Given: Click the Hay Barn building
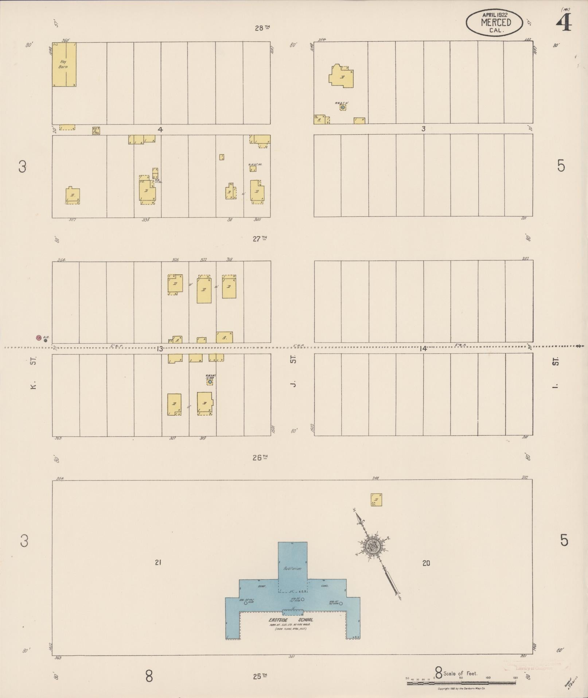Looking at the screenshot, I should click(x=64, y=65).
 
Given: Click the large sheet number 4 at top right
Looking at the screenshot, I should click(x=564, y=23).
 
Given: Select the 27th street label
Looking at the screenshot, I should click(x=260, y=239).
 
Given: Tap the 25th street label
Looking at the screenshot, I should click(x=260, y=676).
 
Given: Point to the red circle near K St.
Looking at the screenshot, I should click(x=38, y=338).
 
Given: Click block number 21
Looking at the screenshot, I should click(x=158, y=563).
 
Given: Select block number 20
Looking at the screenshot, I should click(x=426, y=563).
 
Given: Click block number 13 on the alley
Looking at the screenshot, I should click(x=159, y=349).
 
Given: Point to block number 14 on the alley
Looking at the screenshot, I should click(x=422, y=349).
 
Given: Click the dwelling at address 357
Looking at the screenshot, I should click(x=73, y=196).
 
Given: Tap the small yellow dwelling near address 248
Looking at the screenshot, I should click(x=376, y=500).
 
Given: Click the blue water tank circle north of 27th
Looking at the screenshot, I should click(x=343, y=107).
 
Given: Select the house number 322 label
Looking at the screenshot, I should click(x=203, y=260).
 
